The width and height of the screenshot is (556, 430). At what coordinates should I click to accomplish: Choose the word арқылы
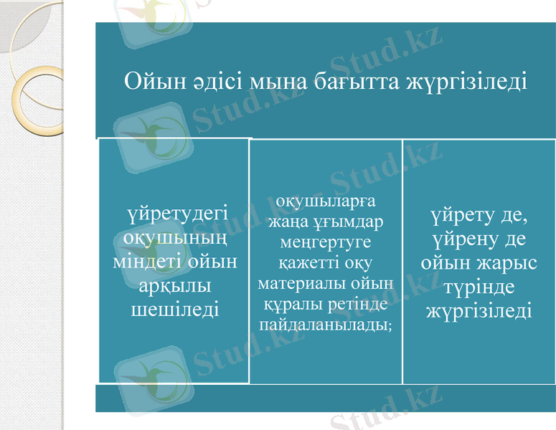point(175,286)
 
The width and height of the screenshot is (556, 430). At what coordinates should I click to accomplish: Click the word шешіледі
point(175,309)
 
